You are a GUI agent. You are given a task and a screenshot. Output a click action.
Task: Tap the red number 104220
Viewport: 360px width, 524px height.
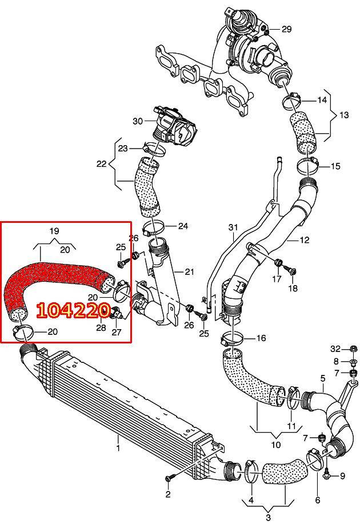click(x=73, y=310)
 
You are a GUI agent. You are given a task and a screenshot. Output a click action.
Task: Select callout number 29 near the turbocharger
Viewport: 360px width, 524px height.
click(x=286, y=29)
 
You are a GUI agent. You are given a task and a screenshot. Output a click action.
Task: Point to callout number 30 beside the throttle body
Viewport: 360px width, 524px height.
click(x=138, y=121)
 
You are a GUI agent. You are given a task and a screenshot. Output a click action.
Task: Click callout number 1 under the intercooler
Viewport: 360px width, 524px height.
click(x=118, y=447)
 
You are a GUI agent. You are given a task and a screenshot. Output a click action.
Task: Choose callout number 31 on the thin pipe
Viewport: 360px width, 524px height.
click(x=233, y=227)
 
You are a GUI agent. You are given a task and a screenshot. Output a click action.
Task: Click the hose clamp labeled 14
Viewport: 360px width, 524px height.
click(x=293, y=99)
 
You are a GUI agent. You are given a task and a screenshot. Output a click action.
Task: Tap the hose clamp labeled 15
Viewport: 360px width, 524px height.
click(x=307, y=165)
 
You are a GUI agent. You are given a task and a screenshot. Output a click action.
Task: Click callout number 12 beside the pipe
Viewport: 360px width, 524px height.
click(x=305, y=240)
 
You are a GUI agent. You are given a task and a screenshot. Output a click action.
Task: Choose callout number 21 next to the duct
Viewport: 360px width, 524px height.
click(x=189, y=271)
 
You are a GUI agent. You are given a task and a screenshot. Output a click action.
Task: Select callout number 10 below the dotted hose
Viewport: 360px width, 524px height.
click(x=276, y=445)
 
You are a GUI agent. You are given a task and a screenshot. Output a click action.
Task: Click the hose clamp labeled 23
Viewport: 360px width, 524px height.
click(x=153, y=150)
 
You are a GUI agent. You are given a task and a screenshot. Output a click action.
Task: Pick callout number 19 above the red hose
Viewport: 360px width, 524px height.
click(x=54, y=231)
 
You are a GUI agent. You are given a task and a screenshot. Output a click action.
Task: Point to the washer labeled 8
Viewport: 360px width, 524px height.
click(x=353, y=362)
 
